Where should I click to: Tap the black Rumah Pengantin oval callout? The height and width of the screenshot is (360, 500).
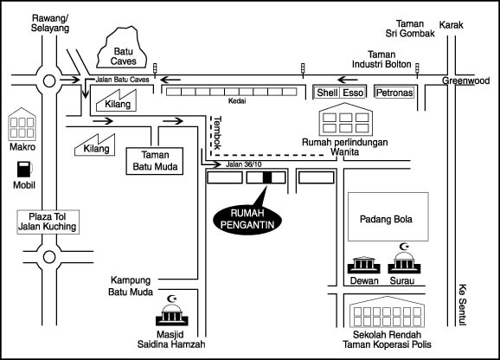(247, 220)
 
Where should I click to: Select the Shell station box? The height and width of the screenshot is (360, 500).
(327, 93)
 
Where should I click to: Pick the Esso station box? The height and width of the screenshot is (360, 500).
(353, 93)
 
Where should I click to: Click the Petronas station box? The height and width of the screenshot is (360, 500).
(394, 93)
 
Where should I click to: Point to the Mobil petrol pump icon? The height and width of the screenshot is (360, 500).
(24, 170)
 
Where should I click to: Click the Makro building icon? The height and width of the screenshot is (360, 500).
(22, 124)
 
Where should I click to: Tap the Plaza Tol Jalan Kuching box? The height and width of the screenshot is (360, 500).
(48, 222)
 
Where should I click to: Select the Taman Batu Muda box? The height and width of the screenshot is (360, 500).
(155, 161)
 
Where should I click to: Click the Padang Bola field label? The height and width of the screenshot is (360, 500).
(386, 220)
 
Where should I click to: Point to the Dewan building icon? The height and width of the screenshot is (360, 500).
(364, 265)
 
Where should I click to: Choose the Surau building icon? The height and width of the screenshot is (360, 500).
(404, 259)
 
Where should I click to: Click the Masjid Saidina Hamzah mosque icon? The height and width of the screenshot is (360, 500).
(172, 311)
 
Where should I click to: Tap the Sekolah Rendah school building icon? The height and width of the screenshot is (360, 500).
(387, 312)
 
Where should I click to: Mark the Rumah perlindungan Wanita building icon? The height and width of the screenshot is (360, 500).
(346, 119)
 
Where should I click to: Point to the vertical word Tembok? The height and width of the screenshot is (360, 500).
(217, 133)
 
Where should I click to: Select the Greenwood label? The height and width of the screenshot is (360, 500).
(465, 80)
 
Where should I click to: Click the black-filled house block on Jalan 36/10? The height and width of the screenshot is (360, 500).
(267, 177)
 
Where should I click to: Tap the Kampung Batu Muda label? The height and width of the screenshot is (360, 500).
(131, 286)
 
